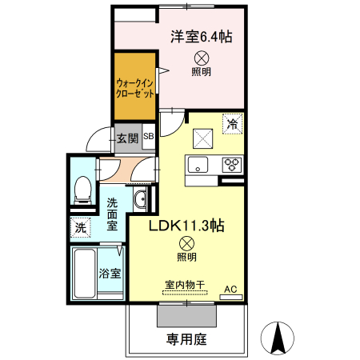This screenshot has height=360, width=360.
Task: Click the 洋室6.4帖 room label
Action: click(200, 35)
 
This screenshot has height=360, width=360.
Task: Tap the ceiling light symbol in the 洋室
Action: click(201, 56)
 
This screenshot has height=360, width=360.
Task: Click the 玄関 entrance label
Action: click(128, 138)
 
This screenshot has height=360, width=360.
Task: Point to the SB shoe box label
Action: click(149, 138)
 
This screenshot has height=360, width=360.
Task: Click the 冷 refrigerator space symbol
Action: click(232, 124)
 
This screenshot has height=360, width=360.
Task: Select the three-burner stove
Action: click(231, 165)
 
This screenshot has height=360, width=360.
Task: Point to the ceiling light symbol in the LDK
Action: click(186, 242)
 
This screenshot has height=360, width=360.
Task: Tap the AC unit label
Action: click(230, 289)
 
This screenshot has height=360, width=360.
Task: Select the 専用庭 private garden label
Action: click(187, 339)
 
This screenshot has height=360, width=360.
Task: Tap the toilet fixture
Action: click(80, 188)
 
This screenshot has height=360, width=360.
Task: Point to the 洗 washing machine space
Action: click(80, 227)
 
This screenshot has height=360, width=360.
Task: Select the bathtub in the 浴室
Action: click(83, 272)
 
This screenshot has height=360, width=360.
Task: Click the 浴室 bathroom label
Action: click(110, 273)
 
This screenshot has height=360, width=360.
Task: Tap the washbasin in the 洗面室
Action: click(139, 200)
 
